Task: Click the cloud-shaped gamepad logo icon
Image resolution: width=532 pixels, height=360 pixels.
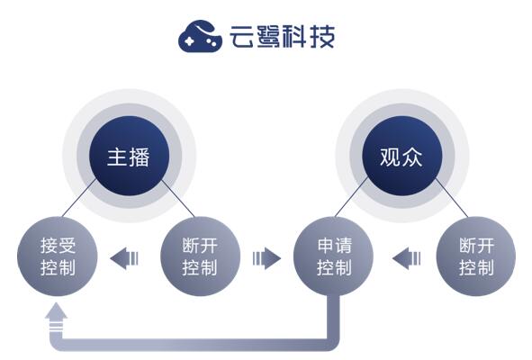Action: (x=200, y=36)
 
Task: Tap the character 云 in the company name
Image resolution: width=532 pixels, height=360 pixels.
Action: (x=242, y=36)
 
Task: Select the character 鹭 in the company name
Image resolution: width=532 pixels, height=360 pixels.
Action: (x=268, y=36)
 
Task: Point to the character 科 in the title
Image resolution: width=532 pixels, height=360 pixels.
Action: (x=295, y=36)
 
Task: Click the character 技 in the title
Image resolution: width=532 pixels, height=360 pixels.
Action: (x=322, y=36)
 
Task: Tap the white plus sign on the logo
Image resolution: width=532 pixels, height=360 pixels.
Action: (x=190, y=40)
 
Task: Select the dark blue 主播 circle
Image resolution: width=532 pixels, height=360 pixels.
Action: (x=129, y=156)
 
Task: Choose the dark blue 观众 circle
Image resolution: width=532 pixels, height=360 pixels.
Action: (x=402, y=156)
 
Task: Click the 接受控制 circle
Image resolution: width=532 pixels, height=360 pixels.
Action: (x=58, y=256)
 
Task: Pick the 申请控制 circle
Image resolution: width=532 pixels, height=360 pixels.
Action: (x=334, y=256)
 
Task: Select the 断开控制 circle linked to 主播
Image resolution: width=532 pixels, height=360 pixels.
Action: (x=200, y=256)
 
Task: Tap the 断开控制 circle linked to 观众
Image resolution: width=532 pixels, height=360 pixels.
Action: (x=475, y=256)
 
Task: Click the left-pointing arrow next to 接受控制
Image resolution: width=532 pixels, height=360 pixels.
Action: (x=124, y=258)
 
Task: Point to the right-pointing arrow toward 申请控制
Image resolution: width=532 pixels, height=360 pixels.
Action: (x=266, y=258)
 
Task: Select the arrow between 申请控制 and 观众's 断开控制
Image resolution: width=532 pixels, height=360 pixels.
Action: (x=407, y=258)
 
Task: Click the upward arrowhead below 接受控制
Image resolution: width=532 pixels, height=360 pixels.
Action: (x=56, y=311)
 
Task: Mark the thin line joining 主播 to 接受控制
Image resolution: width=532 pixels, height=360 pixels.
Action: (x=78, y=198)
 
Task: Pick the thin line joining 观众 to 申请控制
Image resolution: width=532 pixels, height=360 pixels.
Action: (x=352, y=196)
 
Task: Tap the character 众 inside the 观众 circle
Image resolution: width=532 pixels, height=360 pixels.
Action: (x=413, y=157)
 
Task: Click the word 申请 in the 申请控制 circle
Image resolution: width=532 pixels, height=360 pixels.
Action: (x=335, y=246)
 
